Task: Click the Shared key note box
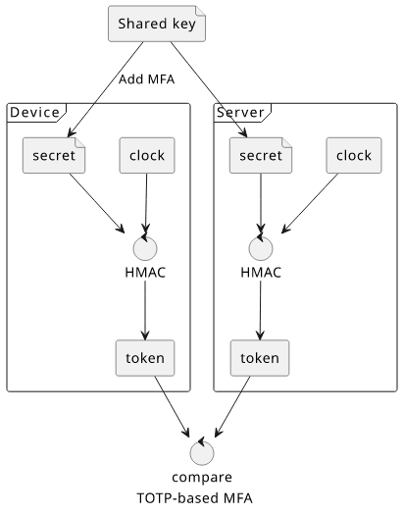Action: point(157,24)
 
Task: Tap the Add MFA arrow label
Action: point(146,79)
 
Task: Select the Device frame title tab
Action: point(36,113)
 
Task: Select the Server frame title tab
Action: point(242,113)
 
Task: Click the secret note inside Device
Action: point(54,155)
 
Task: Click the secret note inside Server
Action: point(261,155)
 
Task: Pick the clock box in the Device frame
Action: point(147,155)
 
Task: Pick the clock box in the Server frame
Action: point(354,155)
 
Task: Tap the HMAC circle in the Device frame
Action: point(145,248)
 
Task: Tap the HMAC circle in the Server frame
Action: point(261,248)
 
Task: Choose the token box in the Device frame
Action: point(145,358)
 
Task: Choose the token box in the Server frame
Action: point(260,358)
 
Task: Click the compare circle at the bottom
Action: point(202,453)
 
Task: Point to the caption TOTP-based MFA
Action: point(194,498)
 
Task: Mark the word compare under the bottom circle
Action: point(202,478)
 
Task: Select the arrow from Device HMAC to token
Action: point(145,310)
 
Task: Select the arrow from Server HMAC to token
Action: point(261,310)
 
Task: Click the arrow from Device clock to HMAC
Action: point(146,203)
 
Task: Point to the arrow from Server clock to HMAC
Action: point(310,204)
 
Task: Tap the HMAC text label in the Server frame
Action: point(261,273)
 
